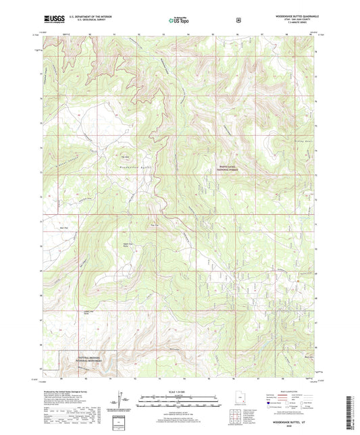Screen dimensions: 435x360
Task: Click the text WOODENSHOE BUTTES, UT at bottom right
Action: (294, 422)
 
